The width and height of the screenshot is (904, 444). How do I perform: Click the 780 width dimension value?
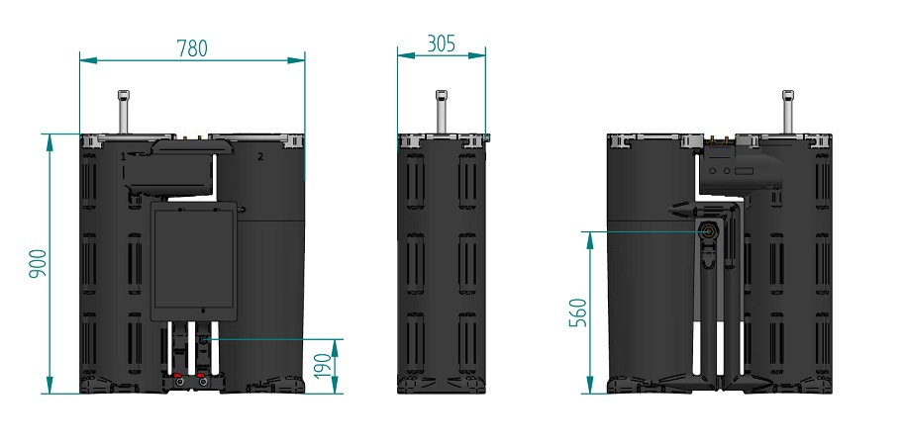[191, 47]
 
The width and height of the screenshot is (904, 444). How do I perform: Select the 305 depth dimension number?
[442, 44]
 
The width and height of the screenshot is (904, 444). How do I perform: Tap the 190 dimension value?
[324, 367]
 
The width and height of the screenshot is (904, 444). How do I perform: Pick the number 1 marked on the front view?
[124, 156]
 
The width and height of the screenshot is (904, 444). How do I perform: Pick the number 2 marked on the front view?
[260, 156]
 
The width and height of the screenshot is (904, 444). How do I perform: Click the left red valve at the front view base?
[179, 380]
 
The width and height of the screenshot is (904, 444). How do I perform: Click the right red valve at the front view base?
[202, 380]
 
